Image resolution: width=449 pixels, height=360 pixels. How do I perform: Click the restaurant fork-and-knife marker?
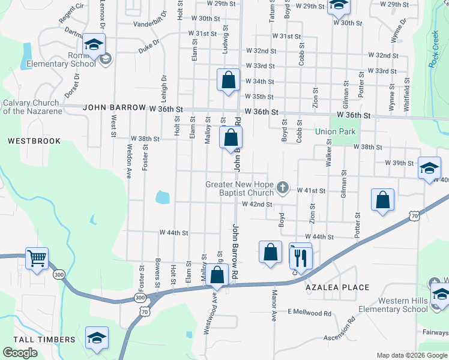click(301, 257)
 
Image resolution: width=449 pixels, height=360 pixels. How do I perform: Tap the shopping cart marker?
click(37, 259)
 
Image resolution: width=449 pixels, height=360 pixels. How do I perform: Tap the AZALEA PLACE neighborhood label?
click(337, 287)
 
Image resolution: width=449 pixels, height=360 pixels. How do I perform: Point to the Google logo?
click(20, 353)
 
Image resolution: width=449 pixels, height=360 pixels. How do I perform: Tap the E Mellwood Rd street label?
click(309, 313)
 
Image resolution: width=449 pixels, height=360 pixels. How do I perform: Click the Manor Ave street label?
click(274, 306)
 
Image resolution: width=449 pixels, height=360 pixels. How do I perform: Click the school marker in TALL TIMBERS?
click(97, 338)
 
